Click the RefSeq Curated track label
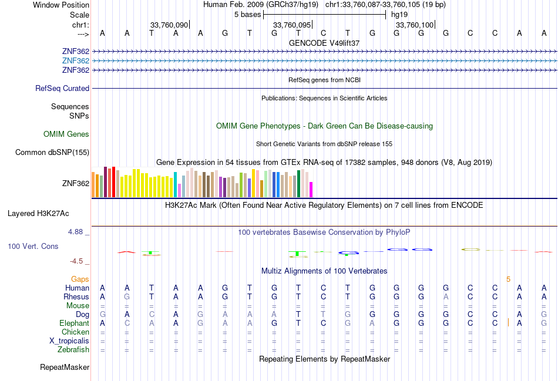click(62, 89)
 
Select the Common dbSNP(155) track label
click(52, 153)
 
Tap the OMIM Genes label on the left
click(66, 134)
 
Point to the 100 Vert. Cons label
click(33, 247)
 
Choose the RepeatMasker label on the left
click(65, 367)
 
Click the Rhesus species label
click(76, 297)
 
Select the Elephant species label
click(74, 323)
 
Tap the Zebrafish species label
click(73, 350)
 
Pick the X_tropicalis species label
click(69, 341)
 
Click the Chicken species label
click(75, 332)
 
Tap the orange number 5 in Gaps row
click(509, 279)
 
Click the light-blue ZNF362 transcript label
click(75, 61)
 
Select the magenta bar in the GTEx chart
click(311, 190)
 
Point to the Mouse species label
click(78, 306)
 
